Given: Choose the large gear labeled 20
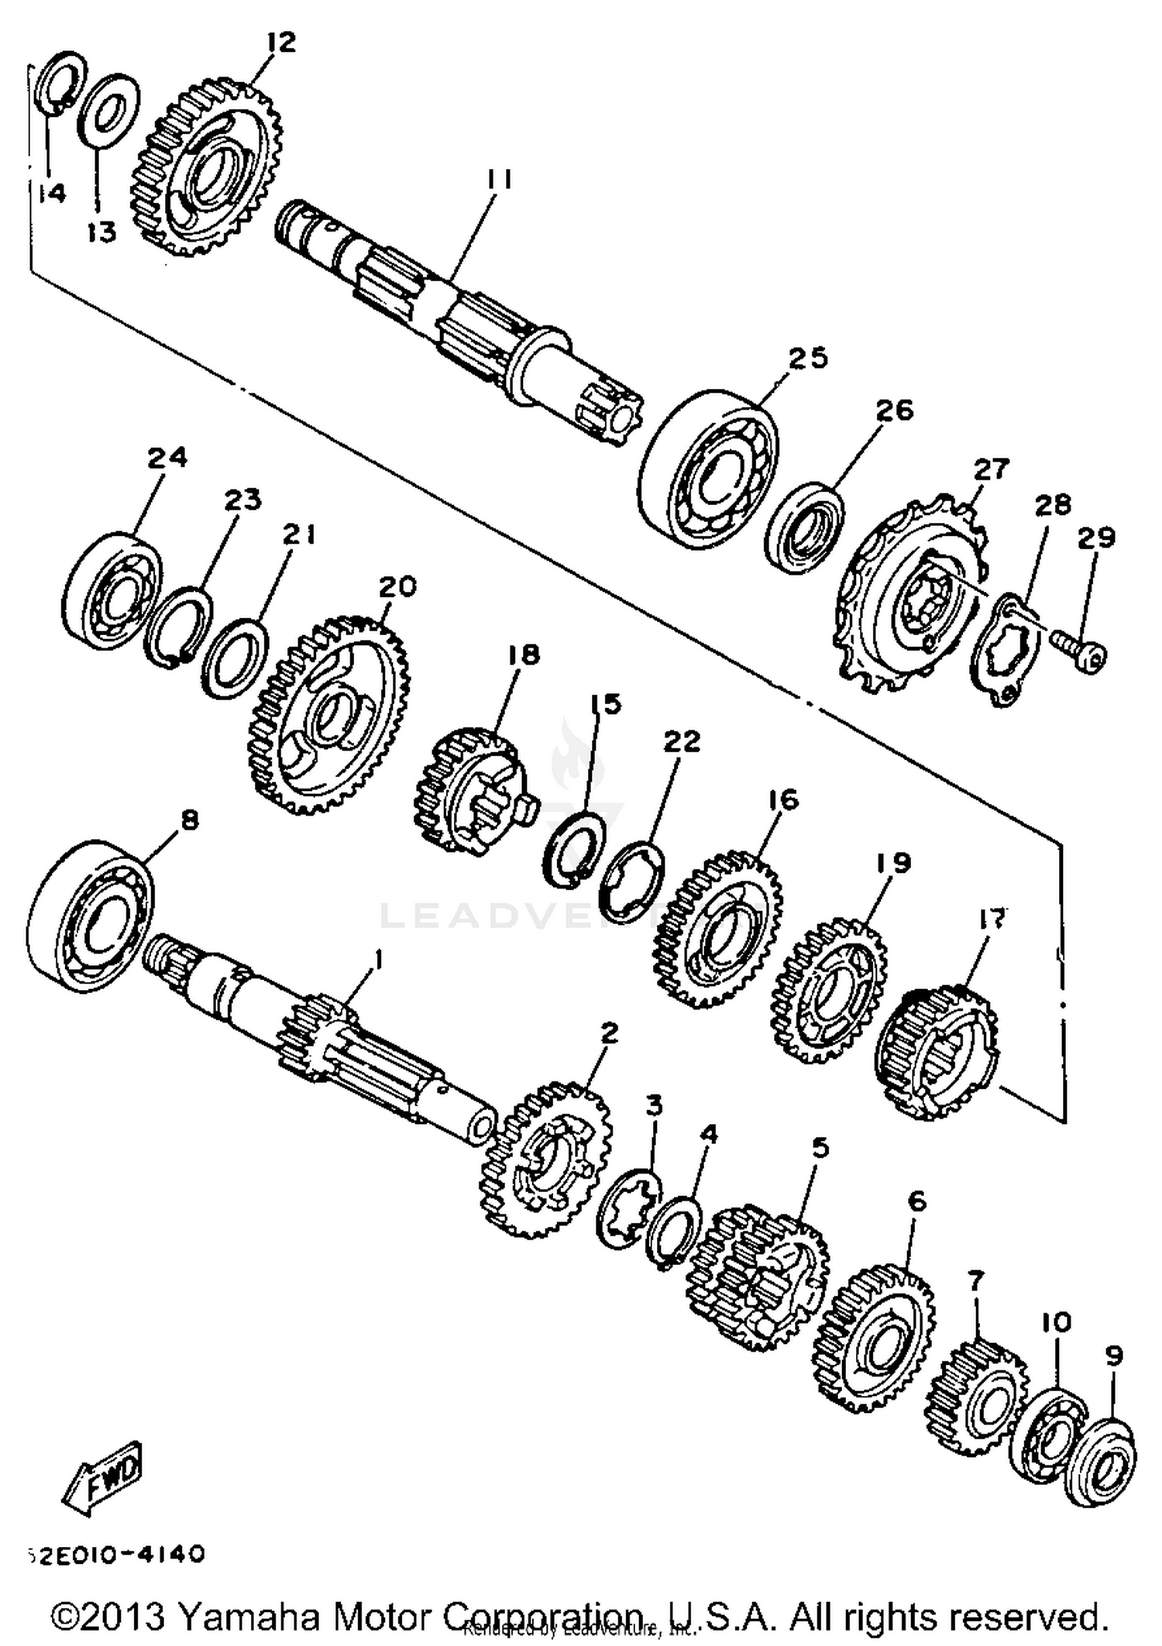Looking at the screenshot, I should pos(329,716).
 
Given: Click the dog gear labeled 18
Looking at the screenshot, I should pos(469,790).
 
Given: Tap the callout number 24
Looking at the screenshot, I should pos(167,458).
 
